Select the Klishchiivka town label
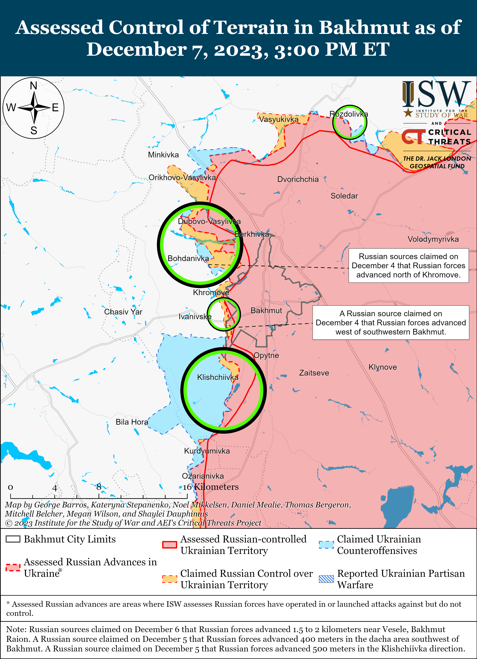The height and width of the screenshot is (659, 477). click(218, 377)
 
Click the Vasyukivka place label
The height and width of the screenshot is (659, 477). click(279, 119)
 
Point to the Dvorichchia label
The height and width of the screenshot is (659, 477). click(298, 179)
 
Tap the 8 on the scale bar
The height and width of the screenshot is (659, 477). click(99, 487)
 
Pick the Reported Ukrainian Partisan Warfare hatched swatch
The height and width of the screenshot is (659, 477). click(326, 579)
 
